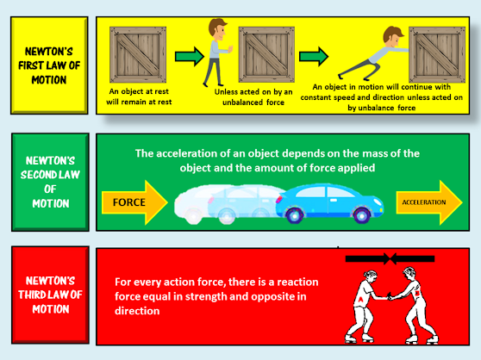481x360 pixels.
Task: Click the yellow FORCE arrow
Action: pos(135,202)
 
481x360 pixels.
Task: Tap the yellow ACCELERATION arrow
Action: pos(429,202)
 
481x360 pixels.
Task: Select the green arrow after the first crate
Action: pos(190,56)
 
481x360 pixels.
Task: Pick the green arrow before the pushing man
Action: pos(314,56)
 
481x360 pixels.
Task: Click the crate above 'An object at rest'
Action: pos(138,54)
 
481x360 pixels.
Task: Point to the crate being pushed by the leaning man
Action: pos(437,54)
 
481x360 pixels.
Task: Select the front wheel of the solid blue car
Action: pos(362,215)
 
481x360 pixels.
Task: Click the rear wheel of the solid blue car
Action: pos(295,215)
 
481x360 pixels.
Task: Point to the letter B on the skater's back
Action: pos(417,293)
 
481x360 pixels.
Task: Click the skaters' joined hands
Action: pos(390,296)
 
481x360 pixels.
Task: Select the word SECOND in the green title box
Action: pos(37,175)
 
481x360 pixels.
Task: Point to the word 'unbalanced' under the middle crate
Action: pos(243,102)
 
